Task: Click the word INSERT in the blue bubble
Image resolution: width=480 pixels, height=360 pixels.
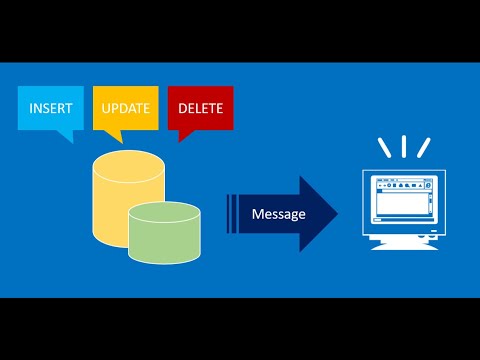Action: [51, 108]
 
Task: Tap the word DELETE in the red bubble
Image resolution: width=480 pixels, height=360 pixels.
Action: [200, 108]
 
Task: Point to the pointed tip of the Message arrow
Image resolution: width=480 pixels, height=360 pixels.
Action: [337, 214]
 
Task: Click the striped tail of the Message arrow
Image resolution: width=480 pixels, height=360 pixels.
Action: [231, 214]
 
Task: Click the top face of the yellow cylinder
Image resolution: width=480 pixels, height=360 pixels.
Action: [127, 164]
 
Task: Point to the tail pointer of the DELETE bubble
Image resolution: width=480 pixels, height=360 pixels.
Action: [182, 137]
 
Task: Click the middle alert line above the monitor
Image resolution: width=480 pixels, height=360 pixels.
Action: [404, 147]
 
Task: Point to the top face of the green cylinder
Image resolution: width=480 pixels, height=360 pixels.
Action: [164, 211]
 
